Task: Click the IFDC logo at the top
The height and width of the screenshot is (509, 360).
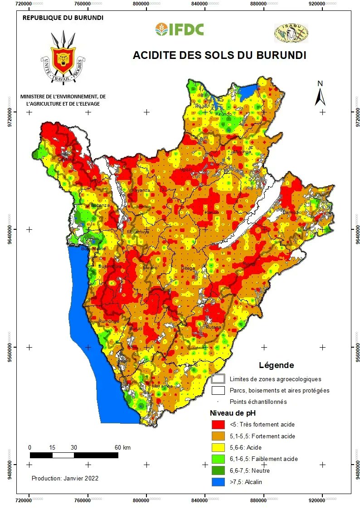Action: [180, 29]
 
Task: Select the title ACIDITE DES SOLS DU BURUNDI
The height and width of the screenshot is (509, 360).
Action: [219, 55]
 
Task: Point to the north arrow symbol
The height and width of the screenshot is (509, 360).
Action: [320, 94]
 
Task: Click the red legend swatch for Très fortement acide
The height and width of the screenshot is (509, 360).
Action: [219, 425]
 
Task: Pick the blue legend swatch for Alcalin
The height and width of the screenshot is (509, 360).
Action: [219, 482]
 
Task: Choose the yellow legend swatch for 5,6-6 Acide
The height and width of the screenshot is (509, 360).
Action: [219, 447]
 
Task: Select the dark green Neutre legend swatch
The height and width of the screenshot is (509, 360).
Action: [219, 470]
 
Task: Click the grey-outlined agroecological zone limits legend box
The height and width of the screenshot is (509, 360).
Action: [219, 379]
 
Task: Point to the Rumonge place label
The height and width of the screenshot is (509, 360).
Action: [109, 321]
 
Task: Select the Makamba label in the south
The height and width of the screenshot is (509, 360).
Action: [162, 386]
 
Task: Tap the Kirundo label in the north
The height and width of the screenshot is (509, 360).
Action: [224, 114]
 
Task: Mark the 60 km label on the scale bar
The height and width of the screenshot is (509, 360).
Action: [122, 447]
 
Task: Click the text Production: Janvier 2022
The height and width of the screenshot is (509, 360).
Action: [65, 478]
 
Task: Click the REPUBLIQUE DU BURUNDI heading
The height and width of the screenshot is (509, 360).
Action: [63, 18]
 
